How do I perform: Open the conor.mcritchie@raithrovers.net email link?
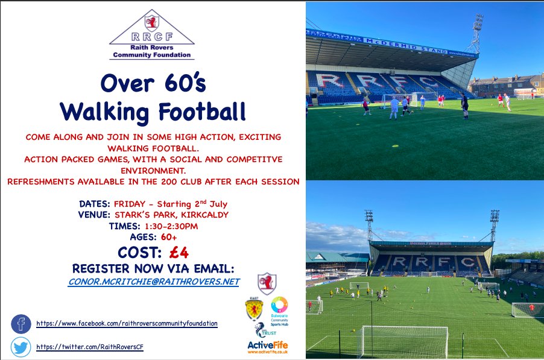(x=153, y=282)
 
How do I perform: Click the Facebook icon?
(x=21, y=324)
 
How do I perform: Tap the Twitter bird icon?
(x=21, y=347)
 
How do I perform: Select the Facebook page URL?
(x=127, y=324)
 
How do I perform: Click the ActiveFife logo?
(x=268, y=346)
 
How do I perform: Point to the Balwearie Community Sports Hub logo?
(x=279, y=309)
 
